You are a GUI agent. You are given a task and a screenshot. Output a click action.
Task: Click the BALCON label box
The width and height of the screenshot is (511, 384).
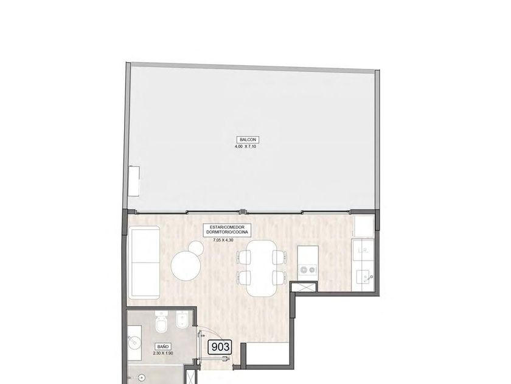(x=248, y=140)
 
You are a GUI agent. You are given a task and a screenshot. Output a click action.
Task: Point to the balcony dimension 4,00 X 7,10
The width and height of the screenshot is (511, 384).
(x=245, y=147)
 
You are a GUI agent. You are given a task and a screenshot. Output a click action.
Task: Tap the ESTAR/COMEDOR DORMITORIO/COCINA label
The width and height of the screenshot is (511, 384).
(x=227, y=230)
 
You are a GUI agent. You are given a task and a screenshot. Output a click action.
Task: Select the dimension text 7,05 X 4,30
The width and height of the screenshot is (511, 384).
(x=223, y=240)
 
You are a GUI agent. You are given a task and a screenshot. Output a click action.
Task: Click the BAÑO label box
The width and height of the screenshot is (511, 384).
(x=163, y=346)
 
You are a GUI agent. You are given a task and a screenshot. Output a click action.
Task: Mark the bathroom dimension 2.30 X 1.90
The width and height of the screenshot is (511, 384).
(x=162, y=354)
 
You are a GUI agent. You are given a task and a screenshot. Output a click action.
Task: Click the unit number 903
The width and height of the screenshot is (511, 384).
(x=221, y=347)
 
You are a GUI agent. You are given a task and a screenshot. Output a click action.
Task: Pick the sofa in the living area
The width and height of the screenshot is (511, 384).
(x=144, y=263)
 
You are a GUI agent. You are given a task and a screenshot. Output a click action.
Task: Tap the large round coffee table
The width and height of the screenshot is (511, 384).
(x=186, y=266)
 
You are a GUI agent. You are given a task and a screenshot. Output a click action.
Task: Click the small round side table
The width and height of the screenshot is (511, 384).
(x=196, y=247)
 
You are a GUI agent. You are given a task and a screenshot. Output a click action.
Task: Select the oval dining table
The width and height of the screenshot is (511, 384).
(x=261, y=268)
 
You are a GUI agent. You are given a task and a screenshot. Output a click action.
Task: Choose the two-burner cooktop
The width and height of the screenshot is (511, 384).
(x=308, y=269)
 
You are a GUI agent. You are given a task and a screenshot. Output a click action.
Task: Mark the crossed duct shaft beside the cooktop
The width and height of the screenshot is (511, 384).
(x=304, y=287)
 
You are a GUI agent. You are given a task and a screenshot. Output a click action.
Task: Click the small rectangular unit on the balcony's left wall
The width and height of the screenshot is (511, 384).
(x=134, y=181)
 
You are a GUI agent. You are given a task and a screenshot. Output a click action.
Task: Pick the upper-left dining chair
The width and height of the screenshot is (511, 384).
(x=244, y=257)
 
